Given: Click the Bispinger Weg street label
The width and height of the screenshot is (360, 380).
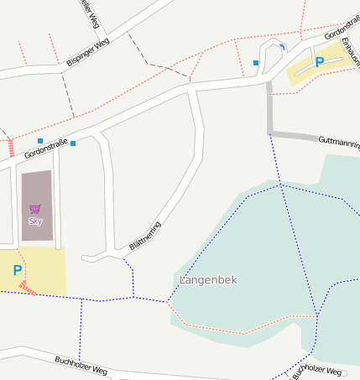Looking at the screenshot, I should pos(87,51).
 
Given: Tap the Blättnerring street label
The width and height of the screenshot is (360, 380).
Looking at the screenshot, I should pos(144,236).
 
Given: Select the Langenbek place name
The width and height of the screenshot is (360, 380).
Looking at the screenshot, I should pos(210,278).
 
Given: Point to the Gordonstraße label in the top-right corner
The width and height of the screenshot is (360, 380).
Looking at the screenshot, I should pos(342,32).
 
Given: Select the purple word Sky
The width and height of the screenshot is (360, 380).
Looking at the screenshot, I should pos(35,221).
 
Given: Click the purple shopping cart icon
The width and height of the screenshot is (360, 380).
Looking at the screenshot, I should pos(35,209).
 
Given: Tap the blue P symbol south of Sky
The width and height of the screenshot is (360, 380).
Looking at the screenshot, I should pos(17,271).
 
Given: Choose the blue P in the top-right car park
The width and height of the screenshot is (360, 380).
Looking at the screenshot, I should pos(319,62).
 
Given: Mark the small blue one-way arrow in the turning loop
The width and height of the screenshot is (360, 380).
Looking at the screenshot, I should pos(282,45).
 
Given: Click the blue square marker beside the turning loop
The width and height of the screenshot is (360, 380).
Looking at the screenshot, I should pos(256,62).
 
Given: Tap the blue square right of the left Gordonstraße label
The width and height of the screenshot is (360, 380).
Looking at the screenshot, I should pos(73,143).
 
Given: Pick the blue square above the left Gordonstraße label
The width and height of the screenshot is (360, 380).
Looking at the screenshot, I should pos(40,140).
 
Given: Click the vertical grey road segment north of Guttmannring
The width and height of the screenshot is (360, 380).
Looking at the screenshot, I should pos(269,107).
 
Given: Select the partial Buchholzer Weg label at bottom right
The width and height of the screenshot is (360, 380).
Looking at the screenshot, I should pos(319,369).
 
